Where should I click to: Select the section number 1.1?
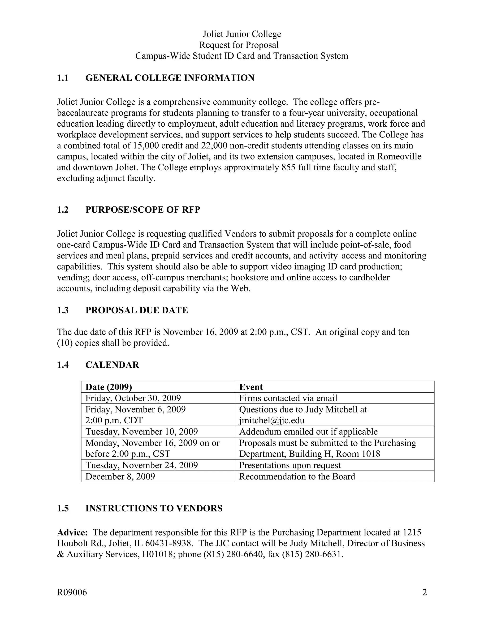[x=63, y=78]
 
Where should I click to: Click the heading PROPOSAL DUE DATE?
[x=137, y=310]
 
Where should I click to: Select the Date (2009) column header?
[x=109, y=387]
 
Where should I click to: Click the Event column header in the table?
[x=251, y=387]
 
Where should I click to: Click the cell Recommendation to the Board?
[x=297, y=476]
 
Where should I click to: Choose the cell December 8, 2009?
[x=120, y=476]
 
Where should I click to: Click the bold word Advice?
[x=72, y=532]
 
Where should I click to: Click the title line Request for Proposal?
[x=239, y=45]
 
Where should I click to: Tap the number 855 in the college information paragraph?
[x=289, y=167]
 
